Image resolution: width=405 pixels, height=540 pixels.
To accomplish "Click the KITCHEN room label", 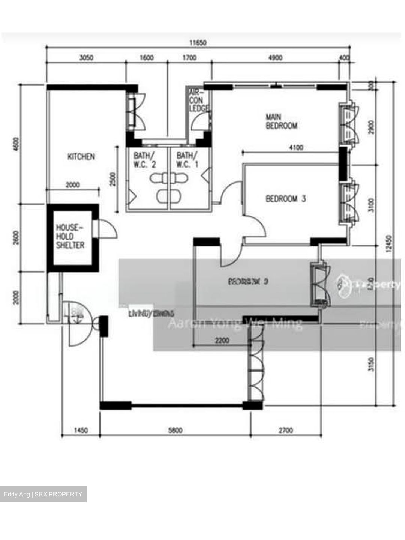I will click(x=81, y=157).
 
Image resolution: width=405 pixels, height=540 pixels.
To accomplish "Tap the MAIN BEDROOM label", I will click(x=281, y=121).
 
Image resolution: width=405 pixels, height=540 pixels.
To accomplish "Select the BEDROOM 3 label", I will click(x=286, y=199).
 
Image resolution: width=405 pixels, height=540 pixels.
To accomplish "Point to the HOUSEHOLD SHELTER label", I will click(x=70, y=237).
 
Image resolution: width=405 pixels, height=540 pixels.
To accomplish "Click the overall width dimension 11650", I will click(x=198, y=43).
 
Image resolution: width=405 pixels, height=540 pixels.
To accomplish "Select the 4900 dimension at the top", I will click(x=276, y=58).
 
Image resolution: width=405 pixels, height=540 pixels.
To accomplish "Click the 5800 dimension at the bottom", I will click(x=175, y=430).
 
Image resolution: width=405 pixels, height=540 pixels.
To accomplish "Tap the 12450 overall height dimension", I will click(x=388, y=244).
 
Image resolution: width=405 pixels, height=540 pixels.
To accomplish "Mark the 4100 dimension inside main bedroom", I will click(x=296, y=148).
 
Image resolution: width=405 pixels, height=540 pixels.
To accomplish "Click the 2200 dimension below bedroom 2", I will click(x=222, y=341).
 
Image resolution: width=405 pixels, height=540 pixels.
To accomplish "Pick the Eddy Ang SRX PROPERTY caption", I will click(x=43, y=494).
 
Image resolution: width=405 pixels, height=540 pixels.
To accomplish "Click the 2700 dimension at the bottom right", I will click(x=286, y=430).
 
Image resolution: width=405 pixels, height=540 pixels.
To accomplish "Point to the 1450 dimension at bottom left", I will click(x=81, y=430).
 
